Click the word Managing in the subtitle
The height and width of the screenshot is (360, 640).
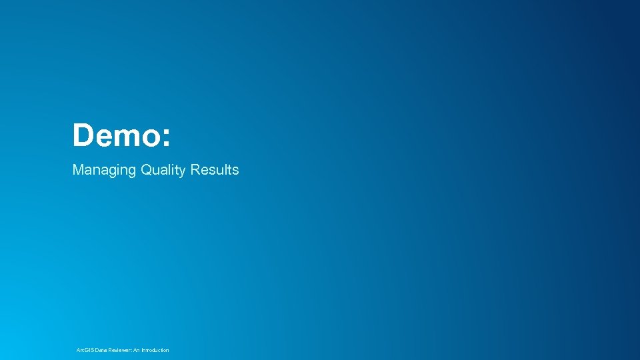coord(103,171)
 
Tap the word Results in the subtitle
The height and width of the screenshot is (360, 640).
coord(214,170)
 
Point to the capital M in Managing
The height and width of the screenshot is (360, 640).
coord(78,170)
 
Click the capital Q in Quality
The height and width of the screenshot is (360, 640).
coord(146,170)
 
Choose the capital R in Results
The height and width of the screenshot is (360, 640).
coord(195,170)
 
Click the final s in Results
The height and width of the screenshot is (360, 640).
coord(235,171)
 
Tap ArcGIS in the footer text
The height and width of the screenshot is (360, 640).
coord(85,350)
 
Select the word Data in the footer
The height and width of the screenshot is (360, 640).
coord(100,350)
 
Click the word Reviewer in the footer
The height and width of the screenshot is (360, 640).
coord(119,350)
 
